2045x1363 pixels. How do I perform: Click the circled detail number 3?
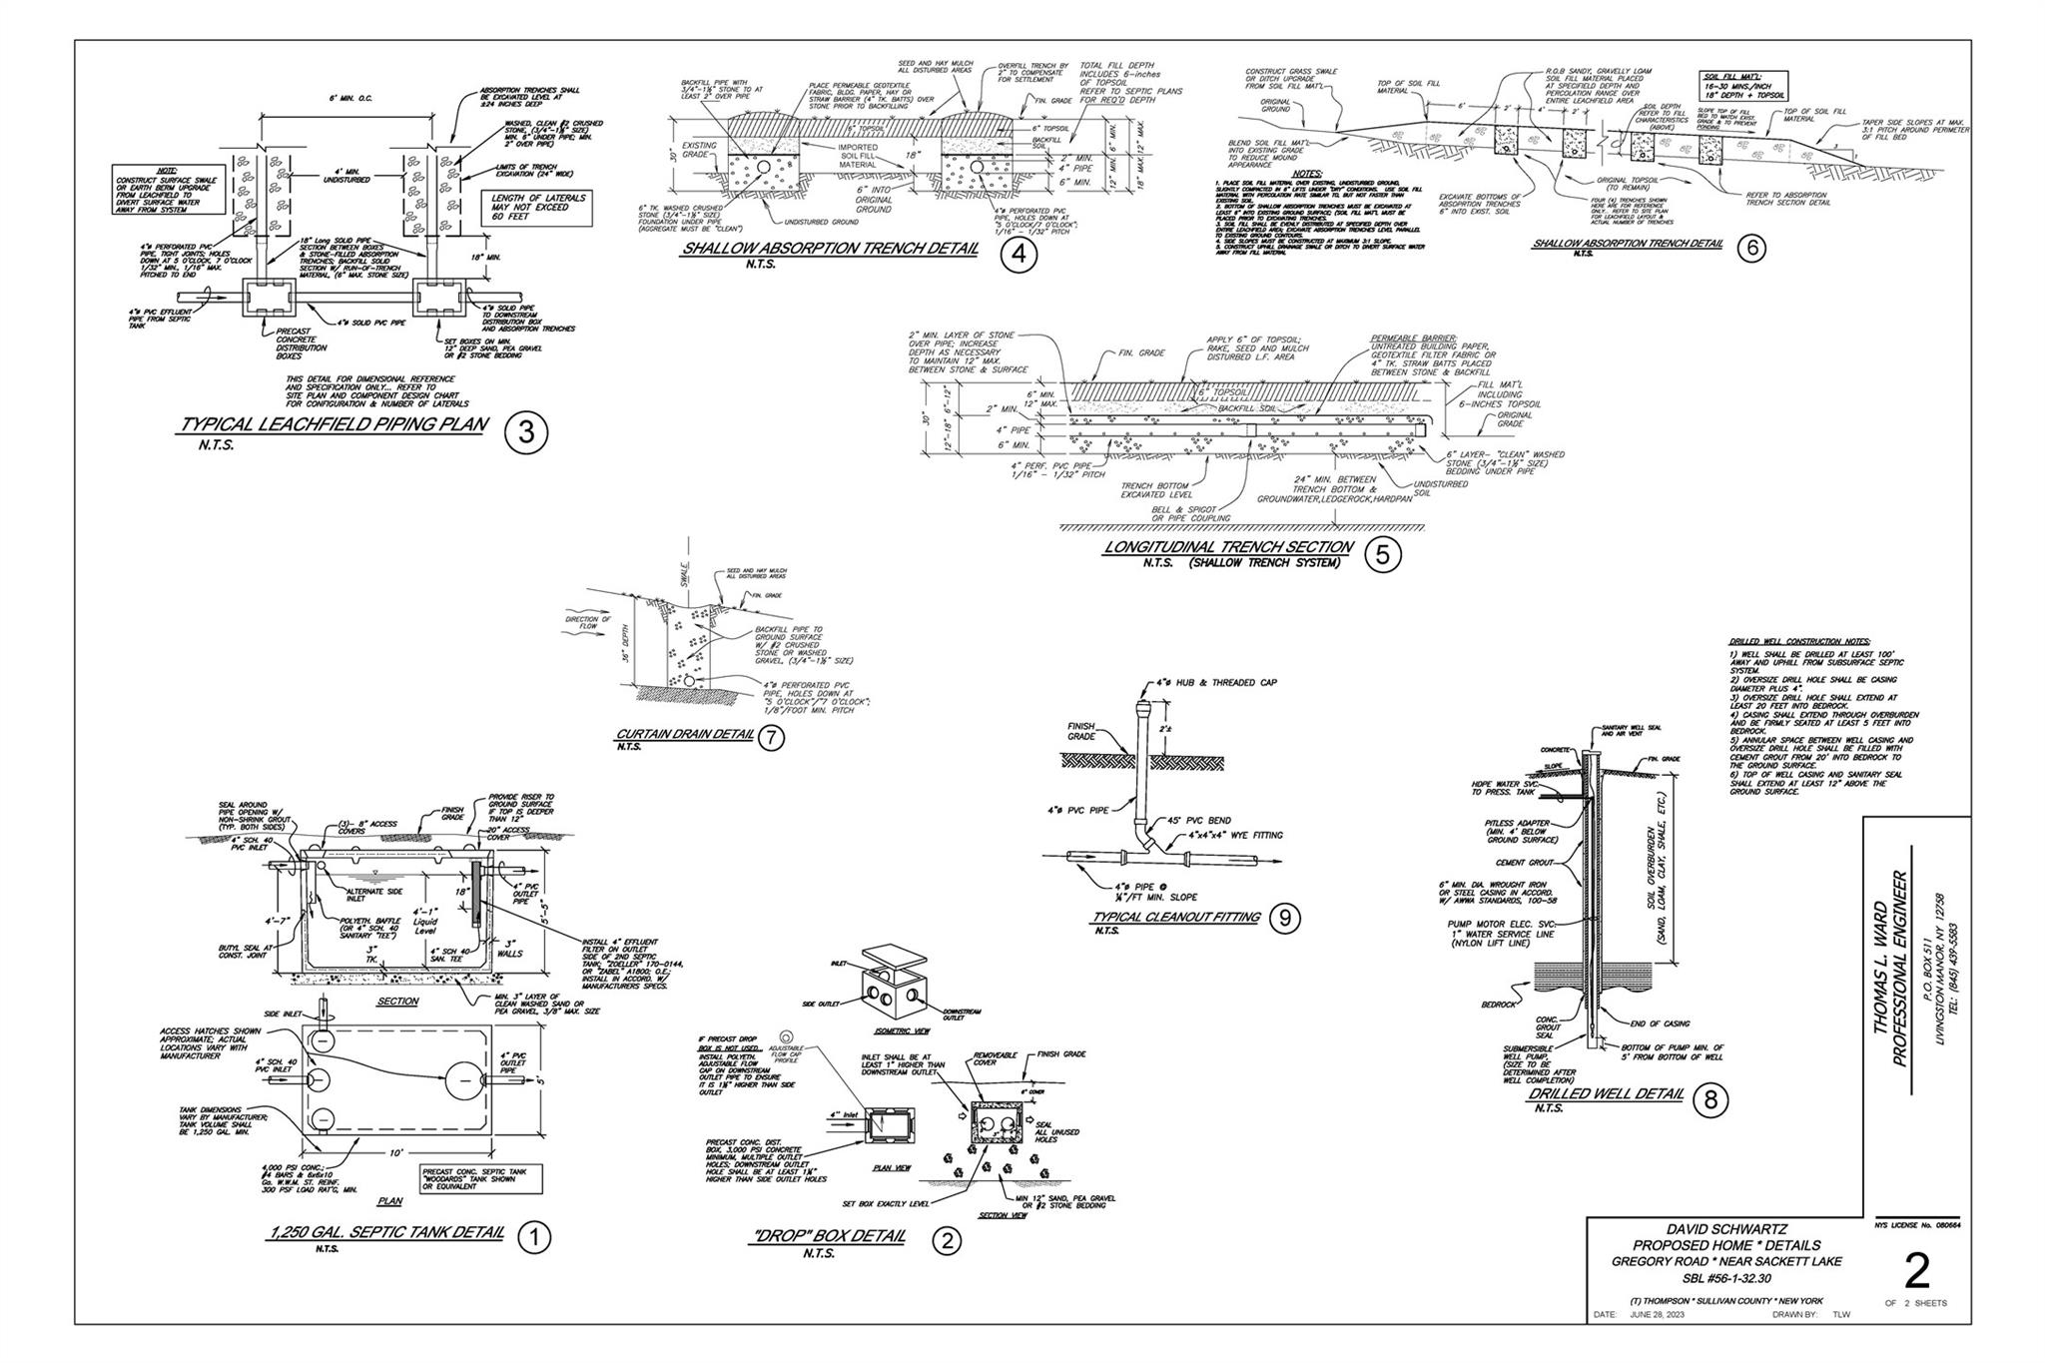coord(525,434)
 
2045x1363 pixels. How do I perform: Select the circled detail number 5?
coord(1382,555)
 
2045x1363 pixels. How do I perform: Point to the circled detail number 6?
coord(1750,250)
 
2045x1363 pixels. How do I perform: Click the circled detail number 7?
coord(771,738)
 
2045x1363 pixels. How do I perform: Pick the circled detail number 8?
coord(1710,1100)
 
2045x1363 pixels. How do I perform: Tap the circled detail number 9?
coord(1284,920)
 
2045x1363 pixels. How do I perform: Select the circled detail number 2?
coord(946,1241)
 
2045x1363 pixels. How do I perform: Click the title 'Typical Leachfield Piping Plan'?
coord(334,425)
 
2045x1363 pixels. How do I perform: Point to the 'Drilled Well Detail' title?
coord(1605,1094)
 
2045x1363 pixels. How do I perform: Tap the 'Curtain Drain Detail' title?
coord(684,735)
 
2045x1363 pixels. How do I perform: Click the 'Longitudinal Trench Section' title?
coord(1228,547)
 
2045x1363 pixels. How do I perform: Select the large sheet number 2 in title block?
coord(1916,1272)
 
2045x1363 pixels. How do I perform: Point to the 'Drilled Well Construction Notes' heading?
coord(1799,641)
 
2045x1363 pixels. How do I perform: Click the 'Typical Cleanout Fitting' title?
coord(1176,917)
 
